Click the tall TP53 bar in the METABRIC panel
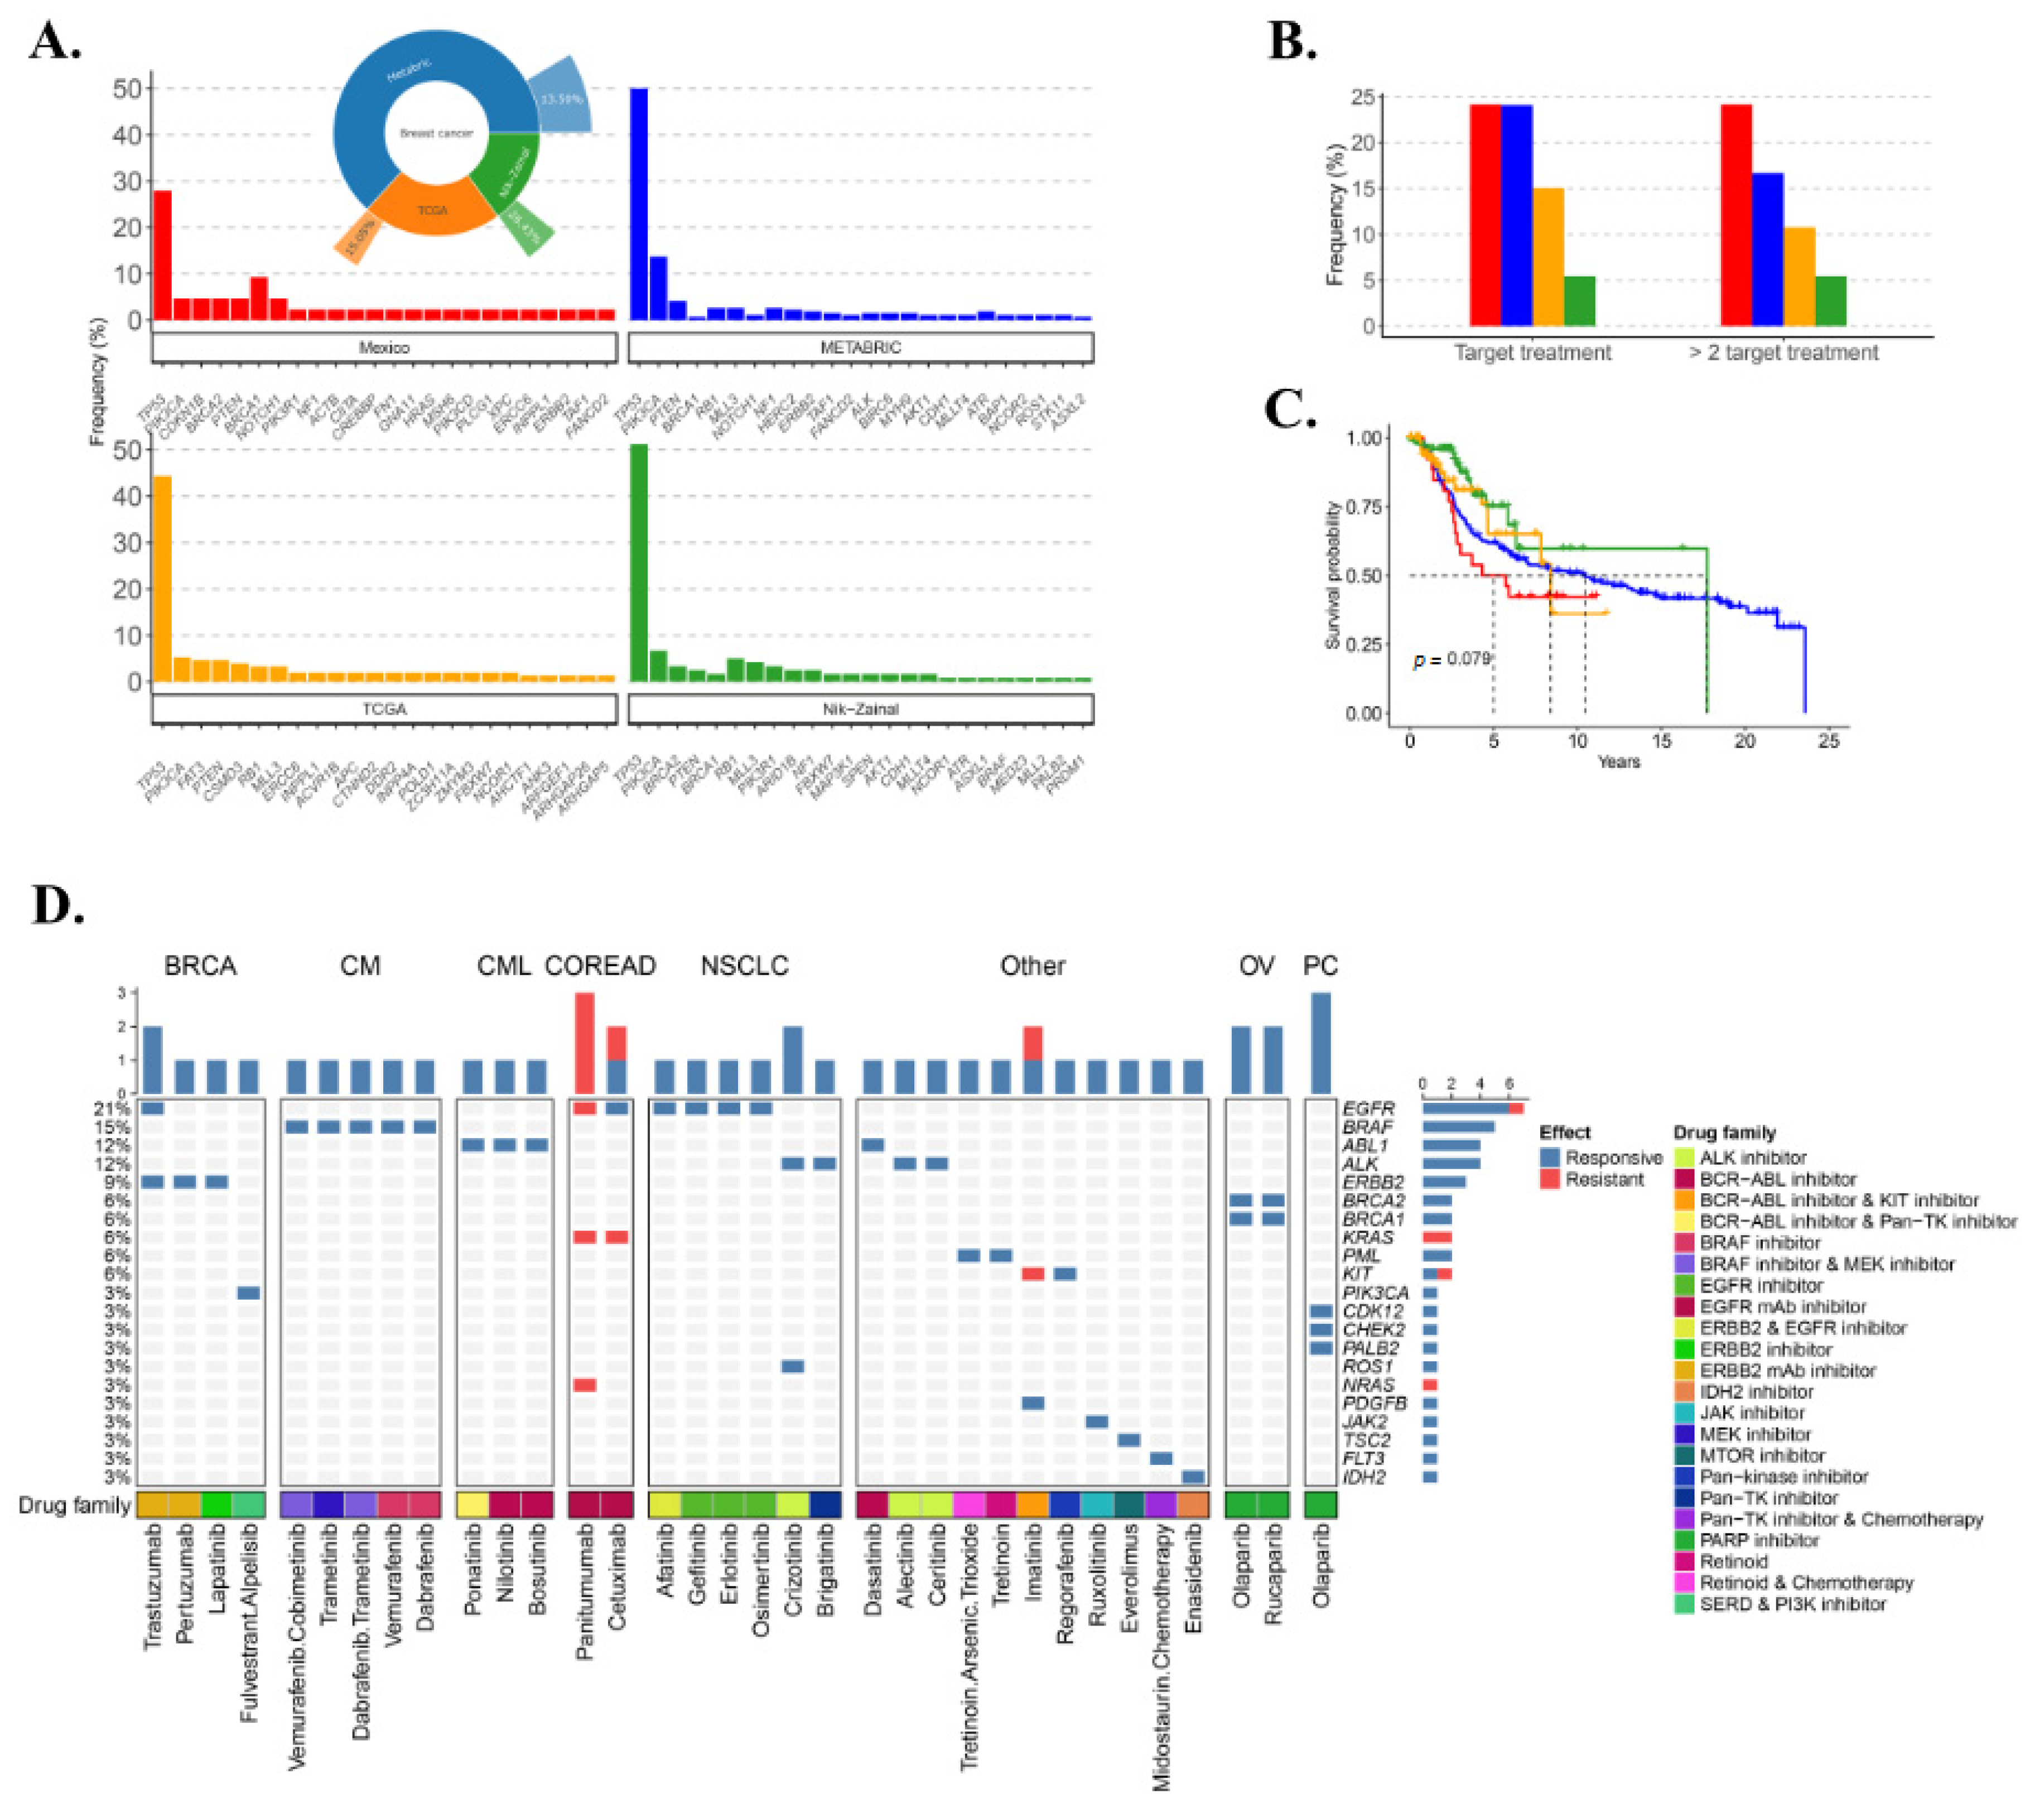tap(639, 204)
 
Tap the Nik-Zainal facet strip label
tap(860, 709)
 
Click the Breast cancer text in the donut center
tap(436, 133)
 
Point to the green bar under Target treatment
tap(1579, 301)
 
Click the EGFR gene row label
tap(1368, 1108)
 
